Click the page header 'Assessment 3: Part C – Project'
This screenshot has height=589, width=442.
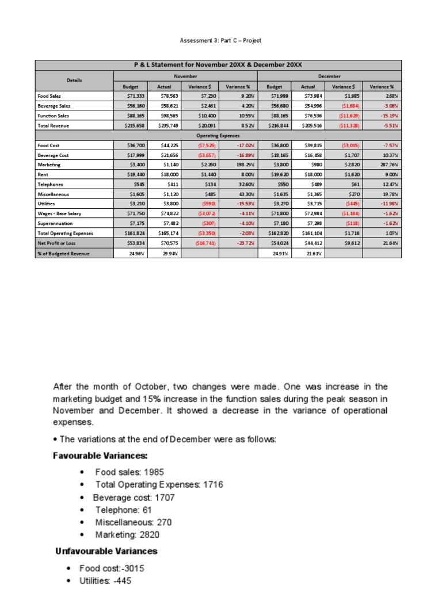[x=221, y=40]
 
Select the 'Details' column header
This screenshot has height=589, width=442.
[x=74, y=81]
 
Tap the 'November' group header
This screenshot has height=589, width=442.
[x=185, y=76]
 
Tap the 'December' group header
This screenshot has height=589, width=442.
[x=329, y=76]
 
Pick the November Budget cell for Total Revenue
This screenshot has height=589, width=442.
[x=131, y=125]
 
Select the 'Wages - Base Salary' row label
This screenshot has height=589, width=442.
[x=60, y=213]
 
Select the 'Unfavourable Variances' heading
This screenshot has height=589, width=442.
[x=106, y=551]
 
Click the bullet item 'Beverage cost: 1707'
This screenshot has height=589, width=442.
[x=134, y=497]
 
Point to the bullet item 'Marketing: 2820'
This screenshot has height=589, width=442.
[x=127, y=535]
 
